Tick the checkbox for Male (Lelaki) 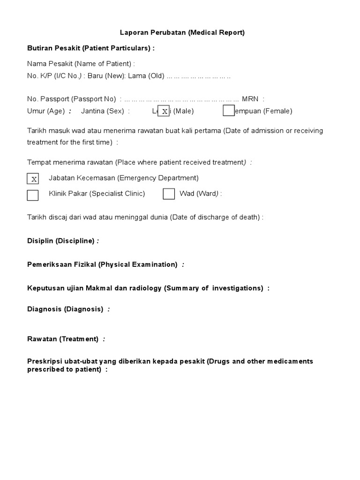coord(164,111)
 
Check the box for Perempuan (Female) coord(229,111)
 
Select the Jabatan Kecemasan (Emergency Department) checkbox coord(33,179)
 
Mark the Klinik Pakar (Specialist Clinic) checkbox coord(33,195)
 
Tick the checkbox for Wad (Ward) coord(169,194)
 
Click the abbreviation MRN coord(250,99)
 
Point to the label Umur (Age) coord(46,111)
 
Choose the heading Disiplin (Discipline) coord(61,241)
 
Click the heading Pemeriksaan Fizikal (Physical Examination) coord(102,264)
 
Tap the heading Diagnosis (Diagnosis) coord(65,309)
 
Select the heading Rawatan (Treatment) coord(63,339)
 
